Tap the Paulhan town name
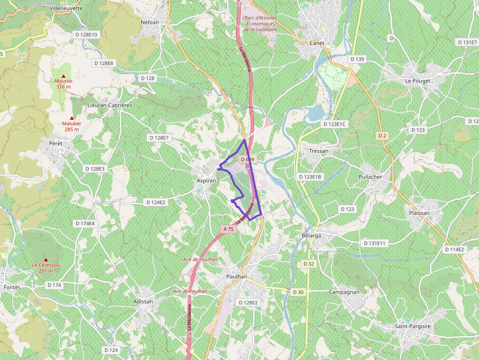pos(237,276)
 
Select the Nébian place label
pos(150,22)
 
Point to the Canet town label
pos(317,43)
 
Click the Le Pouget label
pos(416,81)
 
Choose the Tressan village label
pos(319,151)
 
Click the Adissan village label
pos(143,301)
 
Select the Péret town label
pos(56,143)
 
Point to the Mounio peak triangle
pos(64,76)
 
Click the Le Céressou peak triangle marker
pos(46,259)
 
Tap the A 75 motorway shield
pos(228,229)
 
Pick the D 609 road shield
pos(247,160)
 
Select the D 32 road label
pos(308,264)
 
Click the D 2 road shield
pos(382,135)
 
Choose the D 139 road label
pos(357,59)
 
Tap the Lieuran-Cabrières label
pos(109,105)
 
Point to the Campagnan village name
pos(344,292)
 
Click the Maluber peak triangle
pos(71,118)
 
